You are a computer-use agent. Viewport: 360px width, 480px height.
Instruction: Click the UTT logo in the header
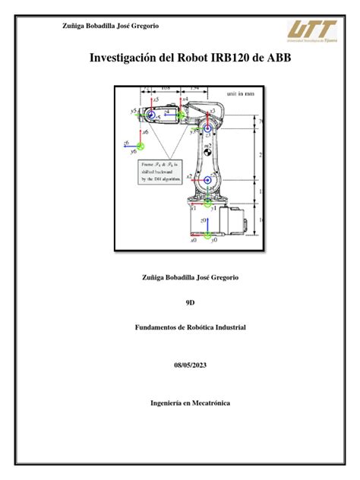(x=313, y=31)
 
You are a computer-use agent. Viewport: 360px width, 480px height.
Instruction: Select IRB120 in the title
(x=234, y=58)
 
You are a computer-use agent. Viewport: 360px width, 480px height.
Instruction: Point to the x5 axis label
(x=156, y=99)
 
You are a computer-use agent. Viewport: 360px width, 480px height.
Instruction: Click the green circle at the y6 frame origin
(x=141, y=146)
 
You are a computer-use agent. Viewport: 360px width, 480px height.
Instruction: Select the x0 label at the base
(x=194, y=240)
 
